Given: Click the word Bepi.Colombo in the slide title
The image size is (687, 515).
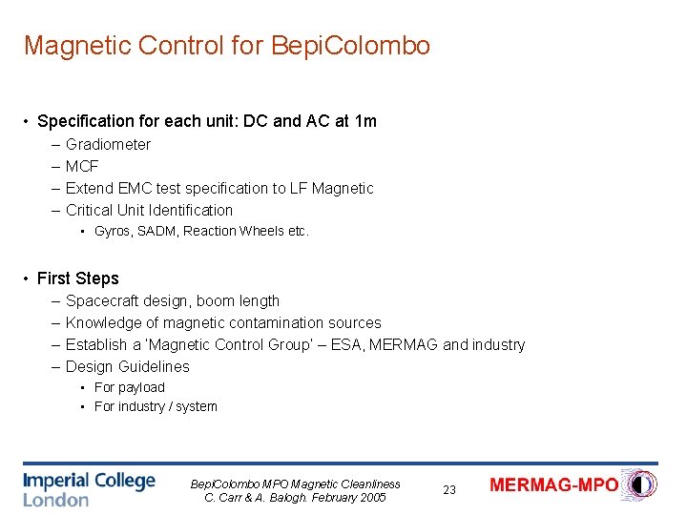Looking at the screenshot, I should [x=352, y=45].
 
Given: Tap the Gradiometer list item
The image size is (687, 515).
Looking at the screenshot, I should [x=108, y=145].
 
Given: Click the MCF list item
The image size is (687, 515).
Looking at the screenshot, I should [x=82, y=167].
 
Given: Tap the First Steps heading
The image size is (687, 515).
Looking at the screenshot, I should [x=77, y=278].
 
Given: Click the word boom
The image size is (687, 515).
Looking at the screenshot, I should [x=215, y=301].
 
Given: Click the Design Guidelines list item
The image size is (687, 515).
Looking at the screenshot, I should [x=127, y=367].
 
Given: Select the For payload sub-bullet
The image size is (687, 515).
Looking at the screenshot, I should [x=129, y=388].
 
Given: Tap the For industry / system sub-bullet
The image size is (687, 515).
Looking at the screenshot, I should [x=156, y=407].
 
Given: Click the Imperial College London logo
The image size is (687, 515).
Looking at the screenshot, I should [x=89, y=488].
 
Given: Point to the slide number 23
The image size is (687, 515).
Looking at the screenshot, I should [x=449, y=490].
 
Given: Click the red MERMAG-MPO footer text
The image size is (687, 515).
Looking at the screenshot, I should [x=553, y=484].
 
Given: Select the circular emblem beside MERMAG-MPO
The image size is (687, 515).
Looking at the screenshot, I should [x=640, y=484].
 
